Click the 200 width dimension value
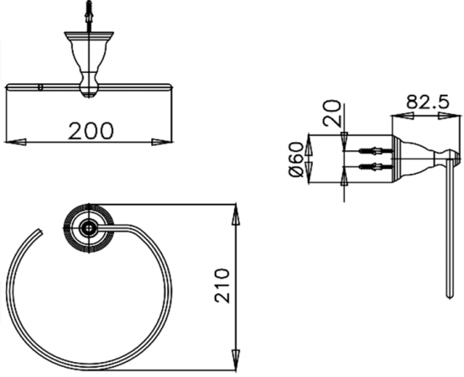(91, 131)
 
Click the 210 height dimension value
(222, 285)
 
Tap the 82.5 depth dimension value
(428, 102)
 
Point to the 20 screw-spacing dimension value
(332, 113)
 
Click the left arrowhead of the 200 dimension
(16, 142)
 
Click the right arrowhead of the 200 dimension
(161, 142)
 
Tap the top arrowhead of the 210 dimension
(236, 215)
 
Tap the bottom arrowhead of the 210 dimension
(236, 359)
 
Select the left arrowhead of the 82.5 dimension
(403, 116)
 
